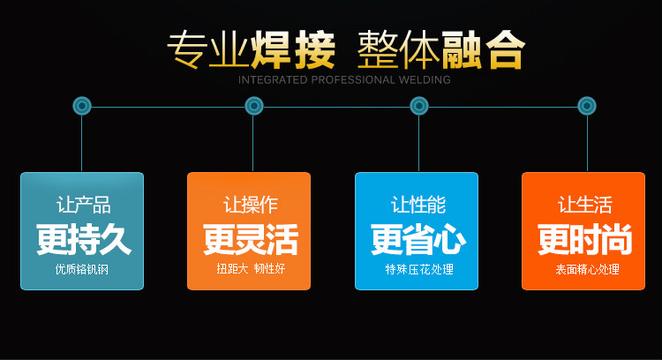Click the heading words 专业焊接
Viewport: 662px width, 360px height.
(252, 50)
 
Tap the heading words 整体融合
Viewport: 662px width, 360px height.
(440, 50)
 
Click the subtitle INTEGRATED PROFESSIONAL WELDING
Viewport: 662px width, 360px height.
(344, 79)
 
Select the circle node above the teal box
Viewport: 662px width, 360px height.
(82, 106)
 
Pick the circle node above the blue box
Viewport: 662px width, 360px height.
(419, 106)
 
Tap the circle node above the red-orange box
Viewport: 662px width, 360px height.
(587, 106)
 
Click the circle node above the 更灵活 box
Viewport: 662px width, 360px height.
(254, 106)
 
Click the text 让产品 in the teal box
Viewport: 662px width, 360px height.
(83, 206)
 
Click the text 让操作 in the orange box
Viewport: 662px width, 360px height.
(250, 206)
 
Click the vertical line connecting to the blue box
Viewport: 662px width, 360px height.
(419, 146)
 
